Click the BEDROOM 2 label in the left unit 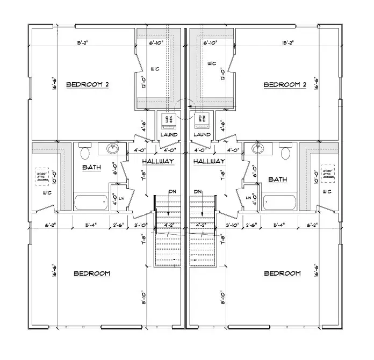coord(87,85)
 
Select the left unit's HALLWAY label coord(158,161)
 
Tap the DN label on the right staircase coord(198,192)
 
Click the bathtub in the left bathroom coord(92,203)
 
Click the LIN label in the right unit coord(248,198)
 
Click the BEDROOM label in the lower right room coord(282,273)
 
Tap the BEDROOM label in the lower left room coord(91,273)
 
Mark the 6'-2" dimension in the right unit coord(313,225)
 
